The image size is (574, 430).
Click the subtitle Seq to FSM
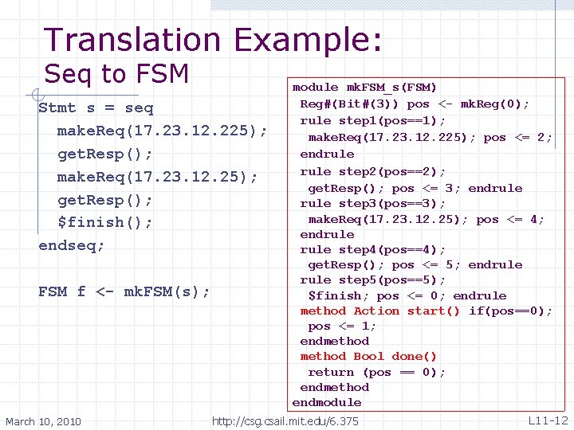pos(116,74)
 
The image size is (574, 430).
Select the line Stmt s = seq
pos(96,107)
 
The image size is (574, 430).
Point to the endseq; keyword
pos(72,245)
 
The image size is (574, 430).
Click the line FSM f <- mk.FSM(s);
pos(124,291)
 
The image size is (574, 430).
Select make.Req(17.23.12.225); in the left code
pos(162,130)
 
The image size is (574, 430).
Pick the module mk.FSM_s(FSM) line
pos(364,87)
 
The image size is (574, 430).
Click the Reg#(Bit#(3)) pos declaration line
pos(415,104)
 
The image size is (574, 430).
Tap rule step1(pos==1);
pos(372,120)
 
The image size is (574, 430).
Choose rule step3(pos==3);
pos(372,203)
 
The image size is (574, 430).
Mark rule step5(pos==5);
pos(372,279)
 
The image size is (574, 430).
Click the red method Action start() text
pos(379,311)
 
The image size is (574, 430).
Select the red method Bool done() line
pos(368,356)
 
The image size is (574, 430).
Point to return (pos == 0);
pos(376,372)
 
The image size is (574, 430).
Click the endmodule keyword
pos(327,402)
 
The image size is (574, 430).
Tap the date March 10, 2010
pos(43,420)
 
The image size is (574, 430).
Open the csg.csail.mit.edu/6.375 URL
pos(285,420)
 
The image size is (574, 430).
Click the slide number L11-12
pos(547,420)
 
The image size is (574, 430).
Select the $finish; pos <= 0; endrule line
pos(407,295)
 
